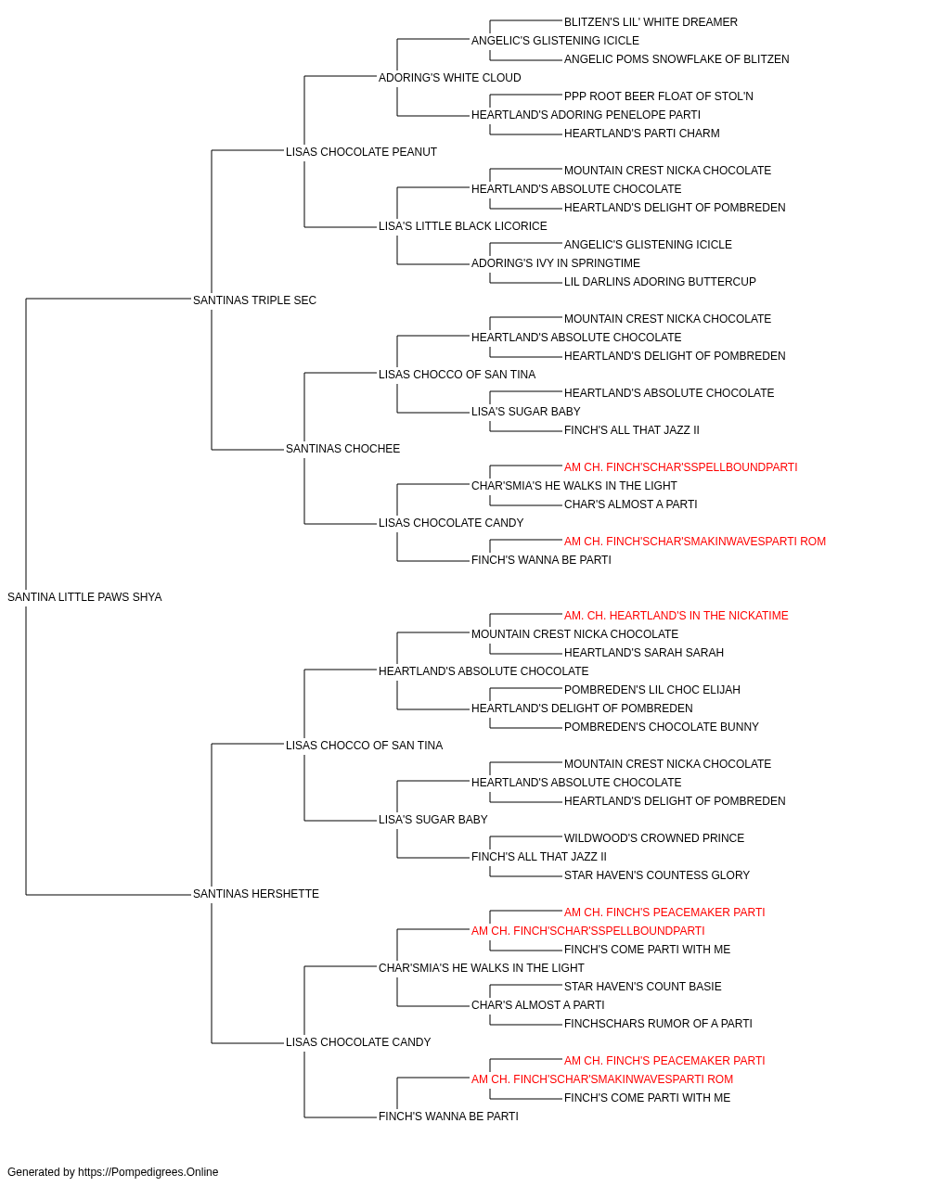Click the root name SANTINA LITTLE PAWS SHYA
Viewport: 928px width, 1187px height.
tap(84, 597)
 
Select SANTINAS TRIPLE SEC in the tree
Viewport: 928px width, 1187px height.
tap(254, 300)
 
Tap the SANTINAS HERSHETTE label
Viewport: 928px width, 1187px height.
tap(256, 894)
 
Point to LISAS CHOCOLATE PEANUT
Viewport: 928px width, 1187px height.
tap(361, 152)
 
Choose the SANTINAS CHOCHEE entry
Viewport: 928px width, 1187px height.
tap(342, 449)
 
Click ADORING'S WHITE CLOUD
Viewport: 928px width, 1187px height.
tap(450, 78)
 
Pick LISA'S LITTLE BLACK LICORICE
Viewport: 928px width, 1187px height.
tap(463, 226)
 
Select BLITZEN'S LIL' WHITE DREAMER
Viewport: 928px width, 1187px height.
tap(651, 22)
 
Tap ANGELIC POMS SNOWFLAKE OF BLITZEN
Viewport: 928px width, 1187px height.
tap(677, 59)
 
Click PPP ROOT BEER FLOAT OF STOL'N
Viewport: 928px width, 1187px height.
tap(659, 96)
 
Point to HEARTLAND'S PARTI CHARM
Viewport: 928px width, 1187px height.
tap(641, 134)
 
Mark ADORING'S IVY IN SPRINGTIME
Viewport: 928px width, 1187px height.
tap(556, 263)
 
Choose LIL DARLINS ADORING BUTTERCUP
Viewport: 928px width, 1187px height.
tap(660, 282)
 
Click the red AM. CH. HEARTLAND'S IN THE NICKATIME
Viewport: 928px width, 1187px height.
tap(677, 616)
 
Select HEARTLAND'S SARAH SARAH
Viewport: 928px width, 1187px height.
tap(644, 653)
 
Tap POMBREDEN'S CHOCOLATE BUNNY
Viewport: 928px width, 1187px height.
tap(662, 727)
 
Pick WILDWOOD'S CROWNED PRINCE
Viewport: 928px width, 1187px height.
tap(654, 838)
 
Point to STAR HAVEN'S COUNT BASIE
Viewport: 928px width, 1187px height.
tap(643, 987)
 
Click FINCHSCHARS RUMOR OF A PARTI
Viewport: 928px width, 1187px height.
tap(658, 1024)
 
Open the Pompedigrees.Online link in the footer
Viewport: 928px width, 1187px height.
tap(148, 1172)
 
